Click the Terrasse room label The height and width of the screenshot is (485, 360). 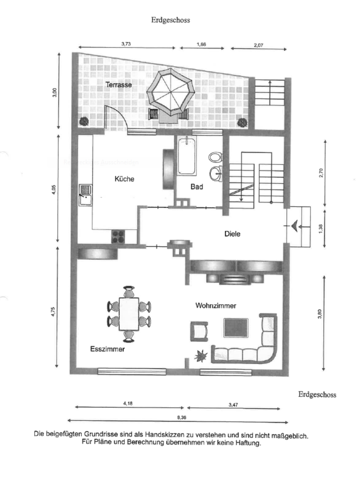(119, 85)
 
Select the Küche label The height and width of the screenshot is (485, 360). (124, 179)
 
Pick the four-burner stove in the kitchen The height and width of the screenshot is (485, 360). (118, 235)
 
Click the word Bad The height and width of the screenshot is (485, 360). (197, 187)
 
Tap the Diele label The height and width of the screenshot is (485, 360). (232, 234)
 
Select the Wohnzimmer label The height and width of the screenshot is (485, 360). (216, 305)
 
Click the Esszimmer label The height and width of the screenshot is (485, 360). (107, 349)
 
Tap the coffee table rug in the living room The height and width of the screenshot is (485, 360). (236, 328)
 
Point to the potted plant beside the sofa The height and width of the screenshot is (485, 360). (201, 356)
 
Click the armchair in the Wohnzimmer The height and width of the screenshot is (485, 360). (199, 331)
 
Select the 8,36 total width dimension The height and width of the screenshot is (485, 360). (178, 417)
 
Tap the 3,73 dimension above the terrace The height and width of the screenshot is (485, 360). (126, 44)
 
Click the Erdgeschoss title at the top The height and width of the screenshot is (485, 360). (170, 20)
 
